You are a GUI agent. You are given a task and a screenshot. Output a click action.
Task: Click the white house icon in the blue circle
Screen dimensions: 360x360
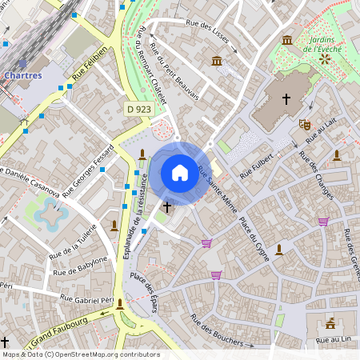coord(180,173)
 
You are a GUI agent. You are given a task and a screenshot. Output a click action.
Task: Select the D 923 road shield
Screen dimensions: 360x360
coord(138,108)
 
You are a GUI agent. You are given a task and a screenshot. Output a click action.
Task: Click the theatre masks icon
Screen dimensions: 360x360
coord(304,124)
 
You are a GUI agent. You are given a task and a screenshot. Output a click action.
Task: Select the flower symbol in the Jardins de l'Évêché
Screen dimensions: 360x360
coord(324,59)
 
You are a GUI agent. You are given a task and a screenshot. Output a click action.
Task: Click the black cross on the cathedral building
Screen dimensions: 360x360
coord(286,99)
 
